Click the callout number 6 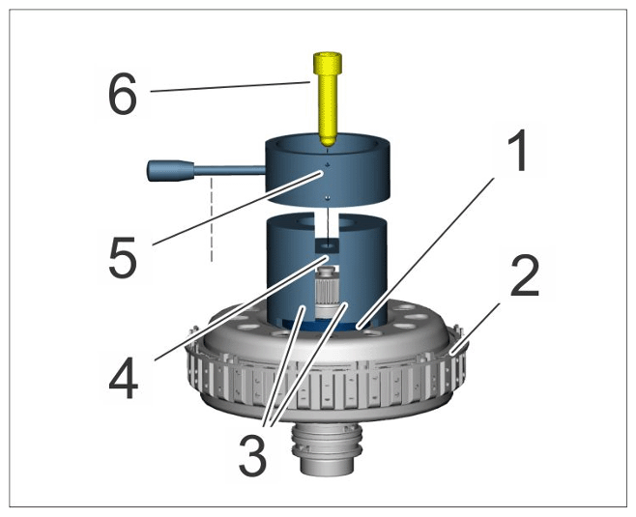click(x=122, y=94)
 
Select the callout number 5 click(x=122, y=257)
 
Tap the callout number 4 click(x=124, y=379)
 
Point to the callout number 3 click(x=252, y=455)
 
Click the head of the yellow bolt click(x=328, y=63)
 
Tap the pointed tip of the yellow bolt click(x=328, y=145)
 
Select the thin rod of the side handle click(x=230, y=170)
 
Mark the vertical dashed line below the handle click(x=212, y=219)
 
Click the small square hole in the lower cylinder click(x=327, y=245)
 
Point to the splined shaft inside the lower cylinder click(x=327, y=290)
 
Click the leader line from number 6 click(x=230, y=87)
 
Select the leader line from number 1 click(x=425, y=252)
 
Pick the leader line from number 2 click(x=476, y=329)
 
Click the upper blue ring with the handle click(x=328, y=172)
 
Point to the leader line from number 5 click(x=237, y=209)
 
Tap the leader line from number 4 click(x=241, y=308)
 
